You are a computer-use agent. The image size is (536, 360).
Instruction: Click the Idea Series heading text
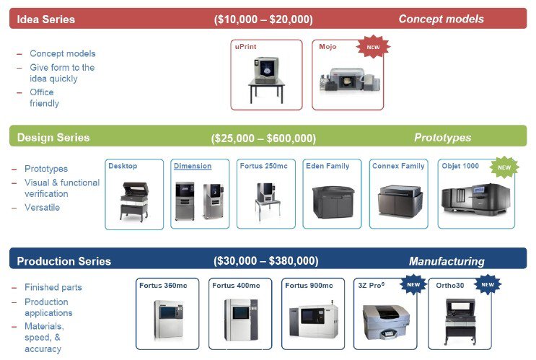point(45,19)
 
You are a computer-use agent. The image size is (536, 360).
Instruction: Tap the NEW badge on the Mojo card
point(373,48)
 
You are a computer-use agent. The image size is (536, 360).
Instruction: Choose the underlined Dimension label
point(193,166)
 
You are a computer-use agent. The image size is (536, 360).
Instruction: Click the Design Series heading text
point(53,137)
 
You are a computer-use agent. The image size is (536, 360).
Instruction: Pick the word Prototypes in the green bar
point(442,137)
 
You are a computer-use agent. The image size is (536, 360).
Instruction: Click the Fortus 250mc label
point(263,166)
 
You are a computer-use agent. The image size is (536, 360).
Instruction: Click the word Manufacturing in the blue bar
point(447,261)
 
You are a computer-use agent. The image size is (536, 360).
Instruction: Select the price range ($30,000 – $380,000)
point(265,260)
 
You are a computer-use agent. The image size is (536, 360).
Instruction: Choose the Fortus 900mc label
point(309,286)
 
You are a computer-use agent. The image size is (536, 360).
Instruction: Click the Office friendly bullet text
point(44,98)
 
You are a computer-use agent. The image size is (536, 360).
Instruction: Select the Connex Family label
point(398,166)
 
